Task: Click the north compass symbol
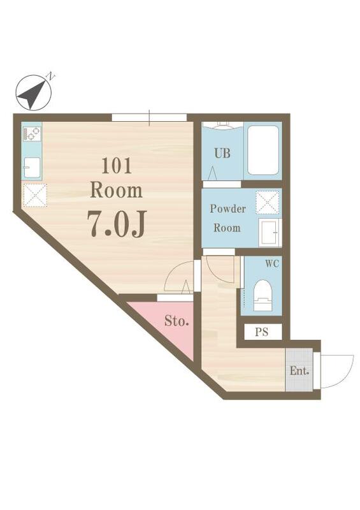[34, 92]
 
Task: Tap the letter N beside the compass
[51, 76]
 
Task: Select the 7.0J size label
[117, 224]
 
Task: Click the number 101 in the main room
[117, 166]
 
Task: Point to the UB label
[222, 153]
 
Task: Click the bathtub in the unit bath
[263, 150]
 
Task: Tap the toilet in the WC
[263, 295]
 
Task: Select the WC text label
[272, 264]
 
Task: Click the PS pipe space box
[263, 331]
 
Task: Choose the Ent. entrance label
[299, 370]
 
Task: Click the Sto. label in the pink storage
[176, 321]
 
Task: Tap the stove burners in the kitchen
[32, 134]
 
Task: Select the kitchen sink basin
[32, 168]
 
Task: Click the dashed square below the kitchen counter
[35, 195]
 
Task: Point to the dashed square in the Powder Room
[268, 202]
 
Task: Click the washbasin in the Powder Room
[270, 232]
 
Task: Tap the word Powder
[227, 208]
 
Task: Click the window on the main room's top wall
[149, 117]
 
